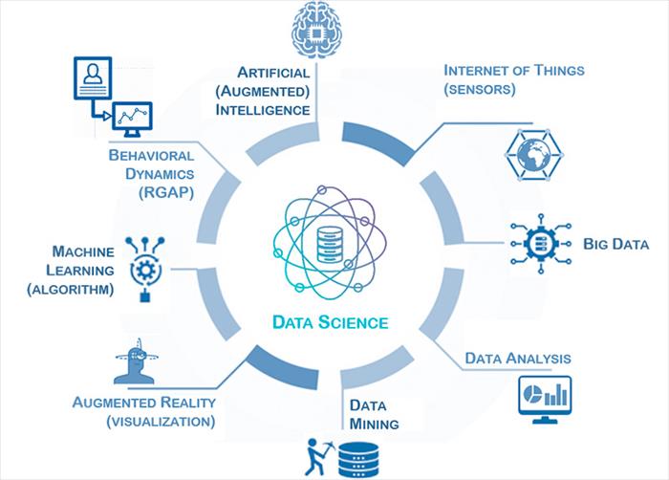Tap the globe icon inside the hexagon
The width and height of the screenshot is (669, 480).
533,155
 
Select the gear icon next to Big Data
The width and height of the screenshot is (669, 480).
541,244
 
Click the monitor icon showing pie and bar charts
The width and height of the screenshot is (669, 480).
545,400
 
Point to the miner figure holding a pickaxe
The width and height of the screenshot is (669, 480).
316,456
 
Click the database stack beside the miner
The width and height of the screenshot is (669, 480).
358,460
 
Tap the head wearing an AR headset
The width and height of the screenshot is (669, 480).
136,362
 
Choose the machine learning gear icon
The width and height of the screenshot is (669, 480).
145,270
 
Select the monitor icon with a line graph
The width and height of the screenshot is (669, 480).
132,120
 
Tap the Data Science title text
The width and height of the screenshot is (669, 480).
331,322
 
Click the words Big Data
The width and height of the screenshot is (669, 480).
615,244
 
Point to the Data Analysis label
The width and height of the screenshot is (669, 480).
518,358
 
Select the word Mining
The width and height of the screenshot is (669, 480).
374,424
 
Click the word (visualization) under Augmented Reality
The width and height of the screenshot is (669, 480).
161,422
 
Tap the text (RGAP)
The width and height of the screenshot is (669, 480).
166,192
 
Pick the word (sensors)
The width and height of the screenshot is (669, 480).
480,89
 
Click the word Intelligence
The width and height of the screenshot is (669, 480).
263,110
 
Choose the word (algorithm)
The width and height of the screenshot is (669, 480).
71,290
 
